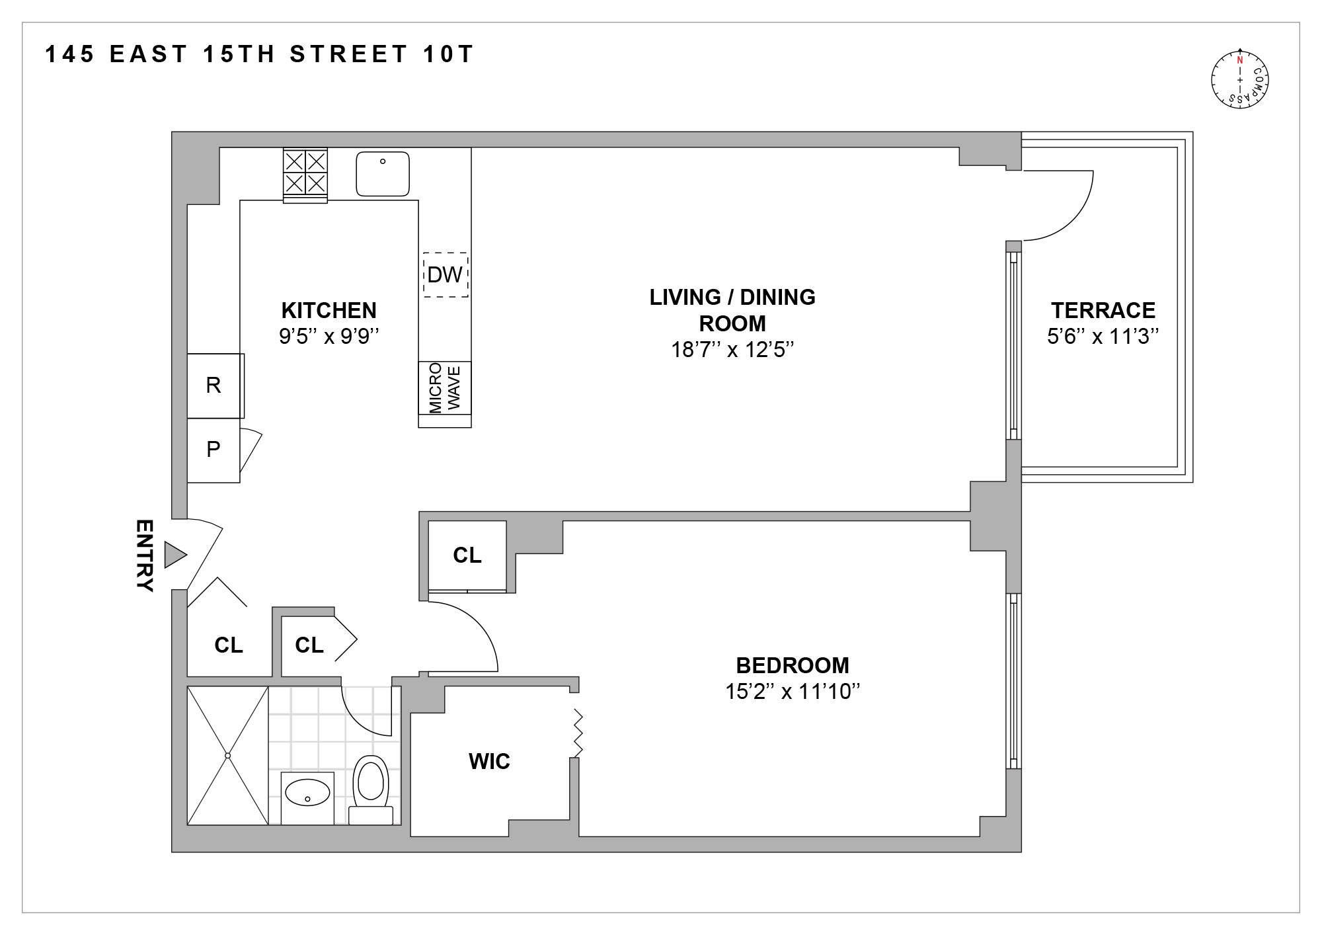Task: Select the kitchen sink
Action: (x=383, y=174)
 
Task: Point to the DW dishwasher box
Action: (x=445, y=274)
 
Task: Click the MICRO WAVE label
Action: (x=445, y=387)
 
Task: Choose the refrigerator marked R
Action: (x=214, y=386)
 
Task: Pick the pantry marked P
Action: (x=214, y=450)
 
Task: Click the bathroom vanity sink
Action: (x=307, y=792)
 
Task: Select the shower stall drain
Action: (x=227, y=755)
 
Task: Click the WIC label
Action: (x=489, y=762)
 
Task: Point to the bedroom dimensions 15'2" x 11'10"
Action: (x=792, y=692)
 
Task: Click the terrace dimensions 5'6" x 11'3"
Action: (x=1103, y=337)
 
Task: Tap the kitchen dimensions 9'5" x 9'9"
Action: (x=329, y=337)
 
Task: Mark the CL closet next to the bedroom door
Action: (x=467, y=555)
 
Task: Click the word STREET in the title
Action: (x=349, y=55)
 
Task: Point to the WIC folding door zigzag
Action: (x=578, y=733)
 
